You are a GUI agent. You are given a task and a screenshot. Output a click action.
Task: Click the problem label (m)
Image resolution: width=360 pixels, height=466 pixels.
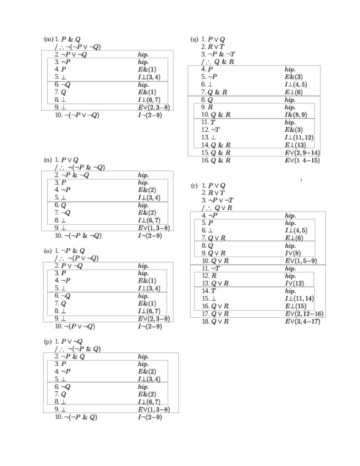point(48,40)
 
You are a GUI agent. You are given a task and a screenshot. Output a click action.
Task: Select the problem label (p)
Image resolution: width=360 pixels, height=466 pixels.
point(48,341)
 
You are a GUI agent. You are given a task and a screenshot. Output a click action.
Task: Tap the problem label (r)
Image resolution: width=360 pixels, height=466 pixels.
point(194,186)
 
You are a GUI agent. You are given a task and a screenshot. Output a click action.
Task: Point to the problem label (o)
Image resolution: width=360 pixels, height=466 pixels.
point(48,251)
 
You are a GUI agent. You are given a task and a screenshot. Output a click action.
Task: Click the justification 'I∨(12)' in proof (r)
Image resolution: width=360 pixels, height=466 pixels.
point(295,283)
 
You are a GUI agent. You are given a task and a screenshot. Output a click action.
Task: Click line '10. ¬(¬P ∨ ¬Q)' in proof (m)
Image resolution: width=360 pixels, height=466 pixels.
point(76,115)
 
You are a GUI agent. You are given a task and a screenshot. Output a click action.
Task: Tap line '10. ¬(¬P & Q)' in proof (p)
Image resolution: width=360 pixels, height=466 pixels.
point(76,417)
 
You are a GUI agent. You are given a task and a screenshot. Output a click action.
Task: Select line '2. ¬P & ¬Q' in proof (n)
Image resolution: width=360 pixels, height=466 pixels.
point(70,175)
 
